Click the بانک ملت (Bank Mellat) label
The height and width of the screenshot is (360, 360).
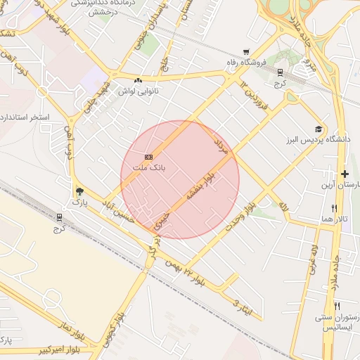pyautogui.click(x=148, y=167)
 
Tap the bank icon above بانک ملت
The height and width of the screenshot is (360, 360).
pyautogui.click(x=148, y=157)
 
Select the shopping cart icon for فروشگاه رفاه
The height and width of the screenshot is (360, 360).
pyautogui.click(x=245, y=52)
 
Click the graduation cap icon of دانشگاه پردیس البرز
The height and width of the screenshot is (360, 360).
pyautogui.click(x=319, y=129)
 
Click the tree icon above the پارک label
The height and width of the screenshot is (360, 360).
pyautogui.click(x=79, y=191)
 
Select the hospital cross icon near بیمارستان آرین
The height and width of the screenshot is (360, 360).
pyautogui.click(x=345, y=174)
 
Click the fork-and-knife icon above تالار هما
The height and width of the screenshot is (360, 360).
pyautogui.click(x=334, y=208)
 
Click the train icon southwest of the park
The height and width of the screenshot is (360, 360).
pyautogui.click(x=59, y=218)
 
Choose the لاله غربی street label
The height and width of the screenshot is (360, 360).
pyautogui.click(x=312, y=259)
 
